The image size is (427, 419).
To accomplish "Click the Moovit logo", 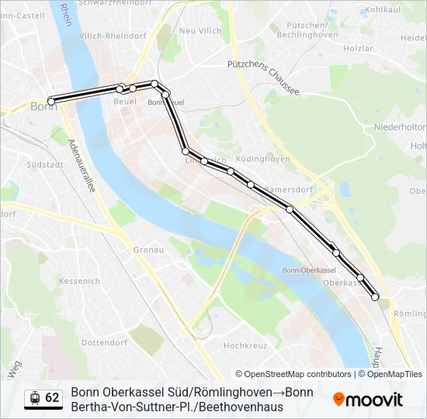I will [x=367, y=400].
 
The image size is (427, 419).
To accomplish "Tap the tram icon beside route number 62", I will [x=34, y=398].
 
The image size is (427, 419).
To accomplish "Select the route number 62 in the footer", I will [x=52, y=398].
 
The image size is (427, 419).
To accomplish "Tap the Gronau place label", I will [x=148, y=250].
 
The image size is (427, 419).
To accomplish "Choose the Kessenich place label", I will [x=79, y=280].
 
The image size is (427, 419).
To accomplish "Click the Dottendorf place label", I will [x=103, y=342].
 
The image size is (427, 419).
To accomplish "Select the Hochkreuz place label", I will [x=245, y=345].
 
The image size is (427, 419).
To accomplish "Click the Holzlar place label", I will [x=358, y=48].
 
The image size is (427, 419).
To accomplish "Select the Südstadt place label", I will [x=44, y=164].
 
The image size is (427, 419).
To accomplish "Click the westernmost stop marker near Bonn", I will [x=51, y=101].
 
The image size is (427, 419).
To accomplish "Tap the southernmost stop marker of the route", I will [x=375, y=296].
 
